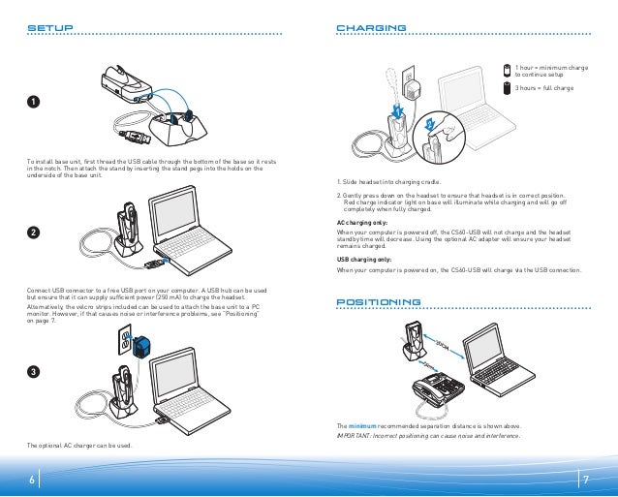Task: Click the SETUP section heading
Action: [49, 28]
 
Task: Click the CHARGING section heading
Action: [370, 28]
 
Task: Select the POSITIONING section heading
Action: [380, 303]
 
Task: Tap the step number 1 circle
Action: [33, 104]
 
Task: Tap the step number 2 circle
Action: [33, 233]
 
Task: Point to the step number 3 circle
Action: [33, 372]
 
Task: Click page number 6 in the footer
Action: [31, 480]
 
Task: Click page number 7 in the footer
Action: [586, 480]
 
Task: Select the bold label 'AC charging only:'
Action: [362, 222]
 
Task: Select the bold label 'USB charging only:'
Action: [364, 260]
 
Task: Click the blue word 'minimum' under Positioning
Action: [361, 426]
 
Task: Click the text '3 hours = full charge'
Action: [543, 88]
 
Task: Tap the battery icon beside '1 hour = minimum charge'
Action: [506, 69]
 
